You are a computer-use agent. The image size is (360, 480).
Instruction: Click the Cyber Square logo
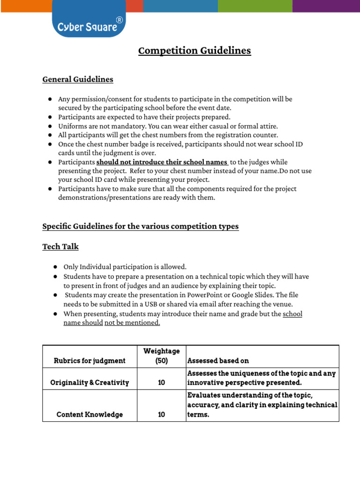88,27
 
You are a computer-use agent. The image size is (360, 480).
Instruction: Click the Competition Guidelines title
195,51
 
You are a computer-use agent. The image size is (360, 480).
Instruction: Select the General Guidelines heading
78,79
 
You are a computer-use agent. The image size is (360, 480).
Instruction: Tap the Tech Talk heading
60,246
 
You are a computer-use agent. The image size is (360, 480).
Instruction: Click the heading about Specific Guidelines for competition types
140,226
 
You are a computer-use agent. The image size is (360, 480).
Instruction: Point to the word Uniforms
71,126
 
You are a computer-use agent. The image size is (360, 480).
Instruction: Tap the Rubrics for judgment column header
90,360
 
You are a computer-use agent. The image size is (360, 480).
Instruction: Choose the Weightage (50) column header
161,356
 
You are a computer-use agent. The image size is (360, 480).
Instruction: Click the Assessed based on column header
218,360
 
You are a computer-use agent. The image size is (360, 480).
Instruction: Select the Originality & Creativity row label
90,382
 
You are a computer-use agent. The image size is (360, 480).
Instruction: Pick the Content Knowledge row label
90,414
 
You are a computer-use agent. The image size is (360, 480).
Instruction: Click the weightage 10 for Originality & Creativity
161,382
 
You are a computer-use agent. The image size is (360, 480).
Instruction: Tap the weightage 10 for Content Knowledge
161,414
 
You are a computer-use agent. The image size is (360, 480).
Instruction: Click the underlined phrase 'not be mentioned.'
132,323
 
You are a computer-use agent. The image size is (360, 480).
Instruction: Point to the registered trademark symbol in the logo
119,20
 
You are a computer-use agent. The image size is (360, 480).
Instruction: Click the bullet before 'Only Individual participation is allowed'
55,267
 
